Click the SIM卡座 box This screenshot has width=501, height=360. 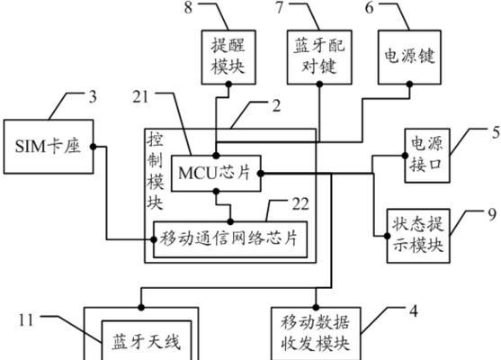coord(49,147)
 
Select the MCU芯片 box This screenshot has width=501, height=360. coord(216,174)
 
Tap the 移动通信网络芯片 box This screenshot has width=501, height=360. coord(230,239)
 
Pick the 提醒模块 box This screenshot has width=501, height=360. coord(228,58)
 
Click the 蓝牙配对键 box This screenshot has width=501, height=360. coord(319,58)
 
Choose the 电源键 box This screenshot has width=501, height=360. coord(409,58)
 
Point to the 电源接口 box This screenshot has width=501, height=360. coord(427,156)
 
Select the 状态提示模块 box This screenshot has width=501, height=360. coord(418,236)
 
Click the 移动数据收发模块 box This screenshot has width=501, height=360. coord(316,334)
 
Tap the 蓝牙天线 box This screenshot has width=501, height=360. coord(147,340)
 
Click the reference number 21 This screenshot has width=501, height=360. coord(140,97)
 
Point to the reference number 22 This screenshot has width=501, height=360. coord(300,204)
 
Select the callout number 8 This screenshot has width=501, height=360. coord(189,8)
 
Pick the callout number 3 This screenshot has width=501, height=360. coord(93,96)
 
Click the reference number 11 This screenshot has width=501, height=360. coord(26,319)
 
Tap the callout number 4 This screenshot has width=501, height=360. coord(414,310)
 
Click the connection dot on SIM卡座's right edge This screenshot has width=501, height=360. coord(93,147)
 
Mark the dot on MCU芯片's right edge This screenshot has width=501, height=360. coord(261,174)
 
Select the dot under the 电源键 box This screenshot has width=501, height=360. coord(409,85)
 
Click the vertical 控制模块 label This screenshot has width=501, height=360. coord(156,171)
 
